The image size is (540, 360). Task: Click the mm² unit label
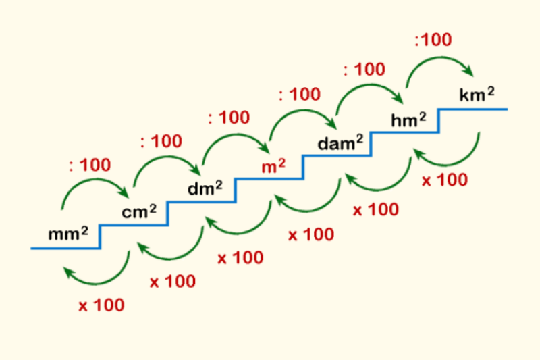pos(68,234)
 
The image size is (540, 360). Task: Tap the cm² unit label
pos(139,212)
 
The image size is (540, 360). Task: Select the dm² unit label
pos(205,190)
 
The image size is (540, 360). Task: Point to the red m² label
pos(273,166)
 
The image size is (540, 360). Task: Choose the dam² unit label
pos(341,143)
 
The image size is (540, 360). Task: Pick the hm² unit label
pos(409,120)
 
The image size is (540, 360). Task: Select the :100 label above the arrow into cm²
pos(90,165)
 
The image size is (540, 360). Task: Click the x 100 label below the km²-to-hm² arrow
pos(443,180)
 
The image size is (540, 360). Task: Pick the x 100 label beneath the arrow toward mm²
pos(101,305)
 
